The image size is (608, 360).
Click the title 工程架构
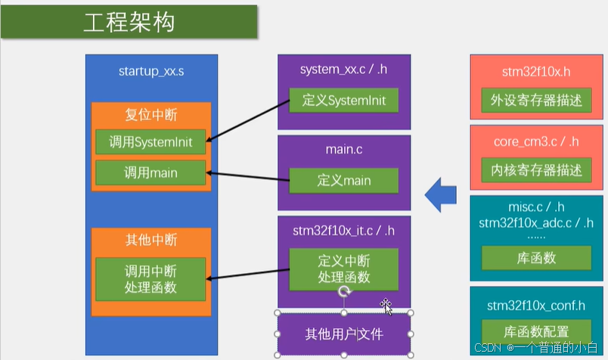[x=129, y=22]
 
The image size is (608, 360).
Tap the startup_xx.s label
[x=151, y=72]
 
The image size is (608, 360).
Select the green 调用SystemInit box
[x=151, y=141]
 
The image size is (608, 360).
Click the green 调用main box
[x=151, y=172]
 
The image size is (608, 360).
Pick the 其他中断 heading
[x=151, y=240]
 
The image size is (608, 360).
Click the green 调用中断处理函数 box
[x=151, y=278]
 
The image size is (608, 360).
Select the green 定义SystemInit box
[x=344, y=101]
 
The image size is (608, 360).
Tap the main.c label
[x=344, y=149]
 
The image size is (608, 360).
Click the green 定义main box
[x=344, y=181]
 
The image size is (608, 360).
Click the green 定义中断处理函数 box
[x=344, y=268]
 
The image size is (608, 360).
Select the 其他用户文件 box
[x=344, y=334]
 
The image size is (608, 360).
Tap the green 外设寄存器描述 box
[x=536, y=101]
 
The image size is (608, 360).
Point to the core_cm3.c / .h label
[x=536, y=141]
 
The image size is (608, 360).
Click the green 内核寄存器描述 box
[x=536, y=170]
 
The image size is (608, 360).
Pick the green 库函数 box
[x=536, y=258]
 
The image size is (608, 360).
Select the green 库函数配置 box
[x=536, y=331]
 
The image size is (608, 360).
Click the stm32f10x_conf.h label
[x=536, y=306]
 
